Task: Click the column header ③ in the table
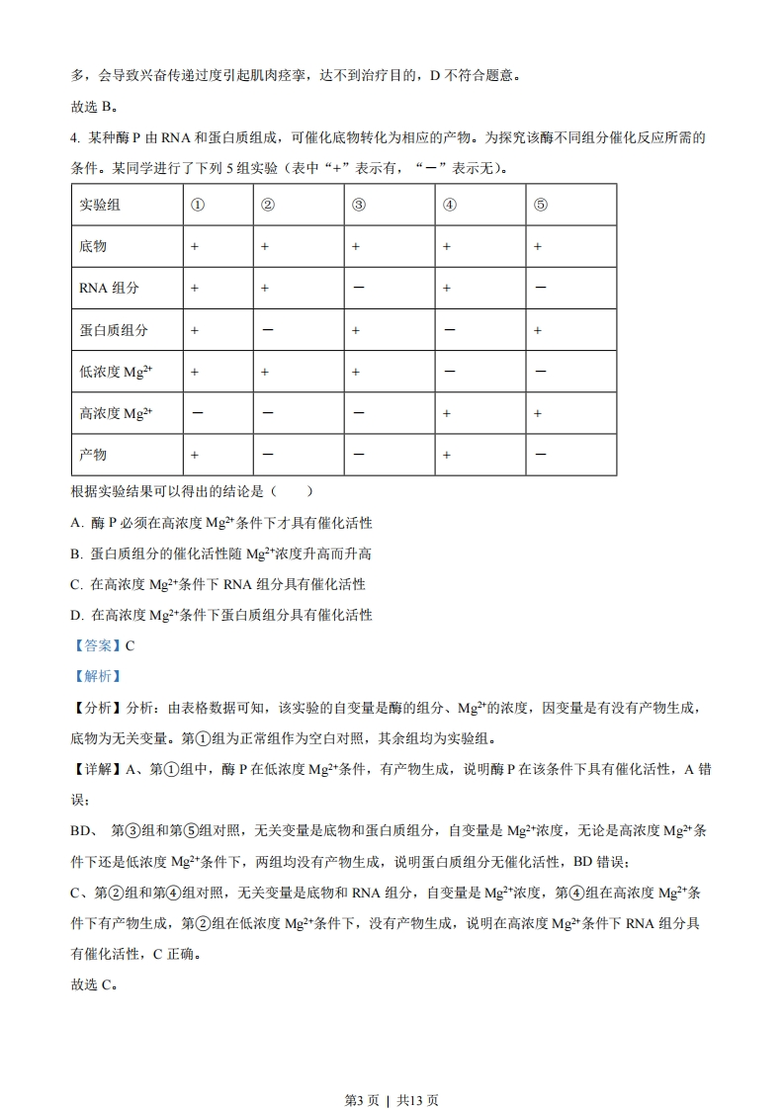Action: coord(359,205)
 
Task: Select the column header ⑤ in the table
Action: coord(540,205)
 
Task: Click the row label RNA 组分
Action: coord(109,288)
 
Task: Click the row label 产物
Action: coord(93,455)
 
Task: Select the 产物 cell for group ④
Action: coord(447,455)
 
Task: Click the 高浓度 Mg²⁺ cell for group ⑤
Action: coord(540,413)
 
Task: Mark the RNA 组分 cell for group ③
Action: coord(358,288)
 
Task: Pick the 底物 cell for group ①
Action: coord(195,246)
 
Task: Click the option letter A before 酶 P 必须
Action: coord(76,523)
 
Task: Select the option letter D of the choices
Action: coord(76,615)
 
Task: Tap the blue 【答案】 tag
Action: coord(96,645)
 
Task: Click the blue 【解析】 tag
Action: coord(96,676)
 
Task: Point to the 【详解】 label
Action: coord(96,769)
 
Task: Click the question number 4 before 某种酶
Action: coord(75,137)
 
